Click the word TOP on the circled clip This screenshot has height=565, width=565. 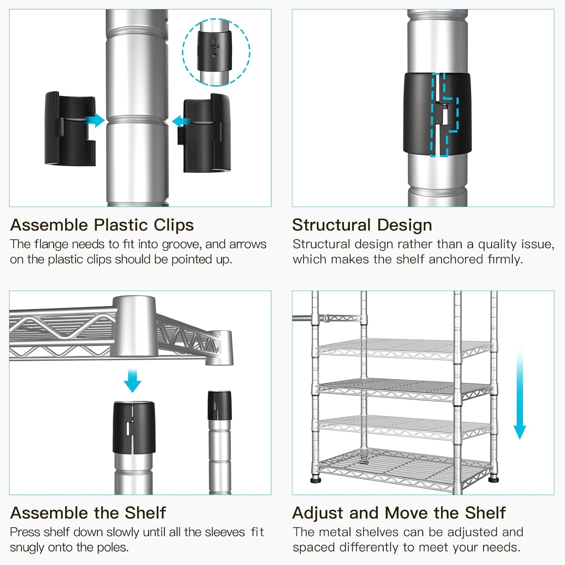coord(214,47)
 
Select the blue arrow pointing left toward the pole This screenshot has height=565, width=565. coord(181,121)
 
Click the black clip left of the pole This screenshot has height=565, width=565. coord(70,129)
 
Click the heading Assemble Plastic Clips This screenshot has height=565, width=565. coord(102,225)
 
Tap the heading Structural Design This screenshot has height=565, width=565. coord(362,225)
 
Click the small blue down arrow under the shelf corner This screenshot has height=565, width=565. coord(132,381)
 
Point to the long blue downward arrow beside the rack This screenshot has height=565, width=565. coord(520,394)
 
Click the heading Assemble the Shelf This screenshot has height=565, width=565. coord(88,513)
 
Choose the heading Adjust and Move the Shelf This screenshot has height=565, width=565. coord(399,513)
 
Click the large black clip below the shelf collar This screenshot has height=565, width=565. coord(134,428)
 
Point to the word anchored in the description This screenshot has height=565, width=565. coord(456,259)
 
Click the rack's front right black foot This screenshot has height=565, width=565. coord(494,480)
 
